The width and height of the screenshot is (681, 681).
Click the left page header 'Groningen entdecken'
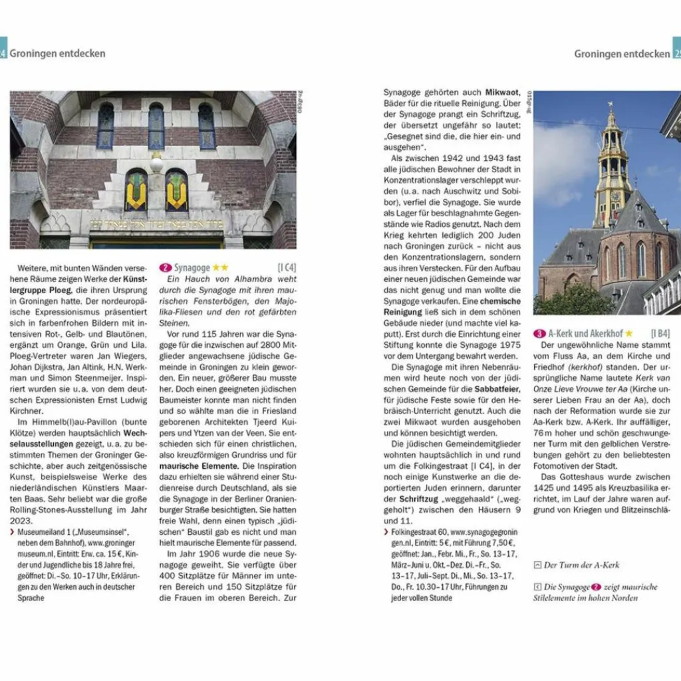pos(57,53)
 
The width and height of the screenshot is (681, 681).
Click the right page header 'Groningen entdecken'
pos(622,53)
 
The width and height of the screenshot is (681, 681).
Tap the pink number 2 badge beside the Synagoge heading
pos(166,267)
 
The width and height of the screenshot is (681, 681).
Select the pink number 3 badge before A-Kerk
pos(539,334)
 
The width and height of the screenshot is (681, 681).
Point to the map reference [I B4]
pos(660,334)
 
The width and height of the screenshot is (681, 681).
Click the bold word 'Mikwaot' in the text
pos(503,92)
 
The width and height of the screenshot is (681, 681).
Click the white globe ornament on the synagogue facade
pos(157,164)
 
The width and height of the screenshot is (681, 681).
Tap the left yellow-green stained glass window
pos(136,190)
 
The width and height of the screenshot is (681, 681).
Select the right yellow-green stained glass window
pos(176,190)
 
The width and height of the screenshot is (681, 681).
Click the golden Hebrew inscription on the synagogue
pos(156,224)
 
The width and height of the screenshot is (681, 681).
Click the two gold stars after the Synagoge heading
pos(220,267)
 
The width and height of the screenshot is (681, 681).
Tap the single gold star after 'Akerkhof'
pos(628,334)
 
